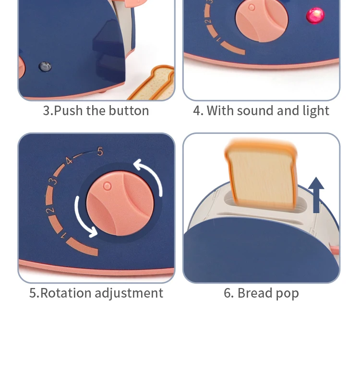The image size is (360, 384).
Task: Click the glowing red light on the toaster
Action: pyautogui.click(x=315, y=15)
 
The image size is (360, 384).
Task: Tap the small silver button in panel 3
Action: pyautogui.click(x=45, y=67)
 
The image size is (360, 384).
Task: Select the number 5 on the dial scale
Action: pyautogui.click(x=100, y=152)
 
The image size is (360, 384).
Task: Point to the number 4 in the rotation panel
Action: pyautogui.click(x=69, y=161)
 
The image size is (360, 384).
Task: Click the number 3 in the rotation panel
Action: pyautogui.click(x=54, y=181)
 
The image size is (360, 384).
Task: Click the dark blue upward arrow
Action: pyautogui.click(x=316, y=194)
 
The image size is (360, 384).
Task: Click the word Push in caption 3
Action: pyautogui.click(x=69, y=111)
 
